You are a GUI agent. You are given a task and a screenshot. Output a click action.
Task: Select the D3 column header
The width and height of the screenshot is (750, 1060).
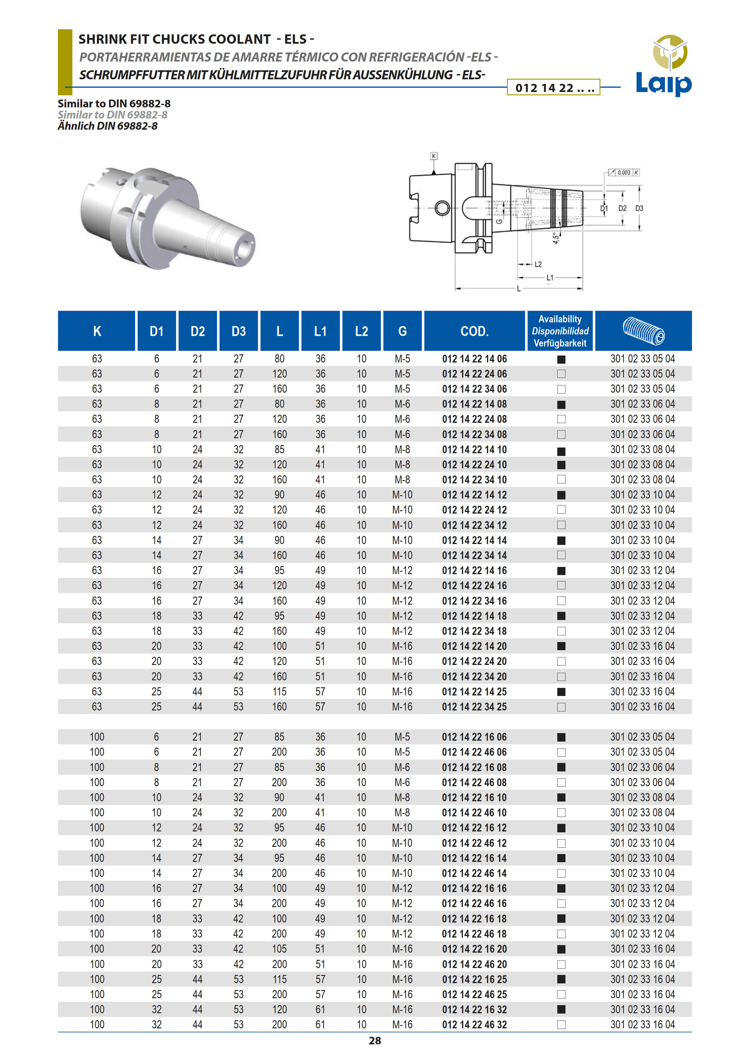tap(238, 331)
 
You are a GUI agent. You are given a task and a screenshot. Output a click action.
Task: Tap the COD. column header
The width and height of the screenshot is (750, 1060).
tap(474, 331)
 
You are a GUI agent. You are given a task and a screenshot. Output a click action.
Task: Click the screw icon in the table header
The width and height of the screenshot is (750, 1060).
tap(643, 331)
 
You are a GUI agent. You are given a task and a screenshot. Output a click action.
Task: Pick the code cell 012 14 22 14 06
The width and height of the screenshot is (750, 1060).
tap(474, 359)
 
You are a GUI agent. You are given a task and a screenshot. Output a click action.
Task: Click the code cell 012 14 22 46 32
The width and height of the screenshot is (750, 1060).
tap(474, 1024)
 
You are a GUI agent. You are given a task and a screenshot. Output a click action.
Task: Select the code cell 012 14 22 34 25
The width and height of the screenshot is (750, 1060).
tap(474, 707)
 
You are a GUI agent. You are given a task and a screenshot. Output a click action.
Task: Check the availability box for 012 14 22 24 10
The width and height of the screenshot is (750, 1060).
tap(561, 465)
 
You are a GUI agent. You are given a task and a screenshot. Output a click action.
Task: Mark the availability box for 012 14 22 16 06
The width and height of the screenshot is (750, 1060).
tap(561, 737)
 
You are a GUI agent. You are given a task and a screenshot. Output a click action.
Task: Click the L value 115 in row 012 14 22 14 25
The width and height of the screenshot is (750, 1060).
tap(279, 691)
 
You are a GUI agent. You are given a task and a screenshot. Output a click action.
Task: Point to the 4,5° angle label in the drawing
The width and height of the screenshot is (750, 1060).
tap(556, 238)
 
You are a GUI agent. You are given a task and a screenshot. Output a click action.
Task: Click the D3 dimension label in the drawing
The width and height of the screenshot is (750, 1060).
tap(639, 208)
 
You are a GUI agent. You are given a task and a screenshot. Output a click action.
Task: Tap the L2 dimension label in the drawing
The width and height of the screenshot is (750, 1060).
tap(538, 264)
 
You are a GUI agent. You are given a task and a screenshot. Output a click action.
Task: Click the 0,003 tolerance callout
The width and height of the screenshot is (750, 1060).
tap(623, 172)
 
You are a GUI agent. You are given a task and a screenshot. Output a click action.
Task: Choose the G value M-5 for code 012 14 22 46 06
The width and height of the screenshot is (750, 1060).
tap(402, 752)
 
